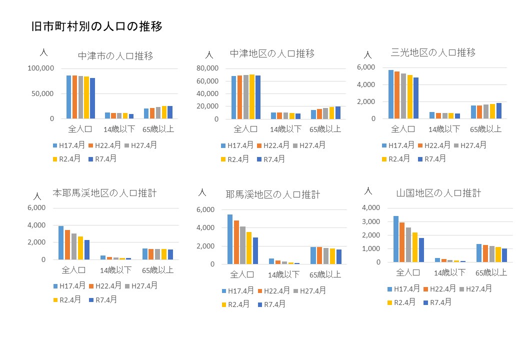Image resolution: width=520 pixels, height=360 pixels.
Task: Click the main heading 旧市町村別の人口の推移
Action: tap(96, 26)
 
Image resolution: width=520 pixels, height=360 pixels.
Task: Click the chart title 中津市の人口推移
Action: tap(115, 56)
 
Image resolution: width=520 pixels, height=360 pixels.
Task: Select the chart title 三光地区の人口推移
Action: tap(433, 52)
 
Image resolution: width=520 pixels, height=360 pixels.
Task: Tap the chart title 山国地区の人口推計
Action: tap(438, 192)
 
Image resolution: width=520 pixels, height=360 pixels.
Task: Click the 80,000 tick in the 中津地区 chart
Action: tap(208, 68)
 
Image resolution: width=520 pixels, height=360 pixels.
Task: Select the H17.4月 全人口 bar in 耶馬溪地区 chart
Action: tap(230, 239)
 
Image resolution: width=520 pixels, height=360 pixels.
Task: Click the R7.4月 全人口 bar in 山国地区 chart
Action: tap(421, 250)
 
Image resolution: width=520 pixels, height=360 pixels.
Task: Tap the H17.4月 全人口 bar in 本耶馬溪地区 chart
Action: tap(61, 243)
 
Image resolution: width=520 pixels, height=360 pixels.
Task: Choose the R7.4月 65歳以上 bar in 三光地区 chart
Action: tap(498, 111)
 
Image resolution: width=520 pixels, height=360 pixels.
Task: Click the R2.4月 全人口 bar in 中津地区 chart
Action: tap(251, 97)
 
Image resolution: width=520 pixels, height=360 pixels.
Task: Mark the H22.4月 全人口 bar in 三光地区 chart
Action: tap(397, 95)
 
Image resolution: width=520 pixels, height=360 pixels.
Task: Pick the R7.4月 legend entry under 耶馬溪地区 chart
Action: tap(271, 304)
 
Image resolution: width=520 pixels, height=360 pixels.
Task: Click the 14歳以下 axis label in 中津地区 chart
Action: tap(286, 129)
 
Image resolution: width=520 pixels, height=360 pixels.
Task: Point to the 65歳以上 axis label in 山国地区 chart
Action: tap(490, 272)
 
